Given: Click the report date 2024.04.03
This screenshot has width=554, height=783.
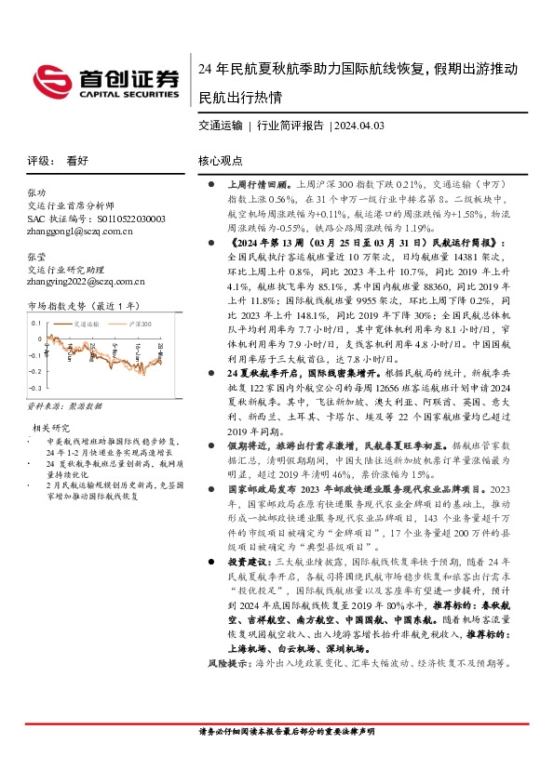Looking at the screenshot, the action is (x=359, y=125).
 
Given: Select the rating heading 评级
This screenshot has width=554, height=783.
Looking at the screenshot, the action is (x=40, y=160).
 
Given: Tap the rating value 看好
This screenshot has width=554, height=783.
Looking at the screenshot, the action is (x=77, y=160).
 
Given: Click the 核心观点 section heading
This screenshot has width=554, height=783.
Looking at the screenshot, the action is (x=221, y=160).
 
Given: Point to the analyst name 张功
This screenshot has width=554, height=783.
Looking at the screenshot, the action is (x=36, y=192).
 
